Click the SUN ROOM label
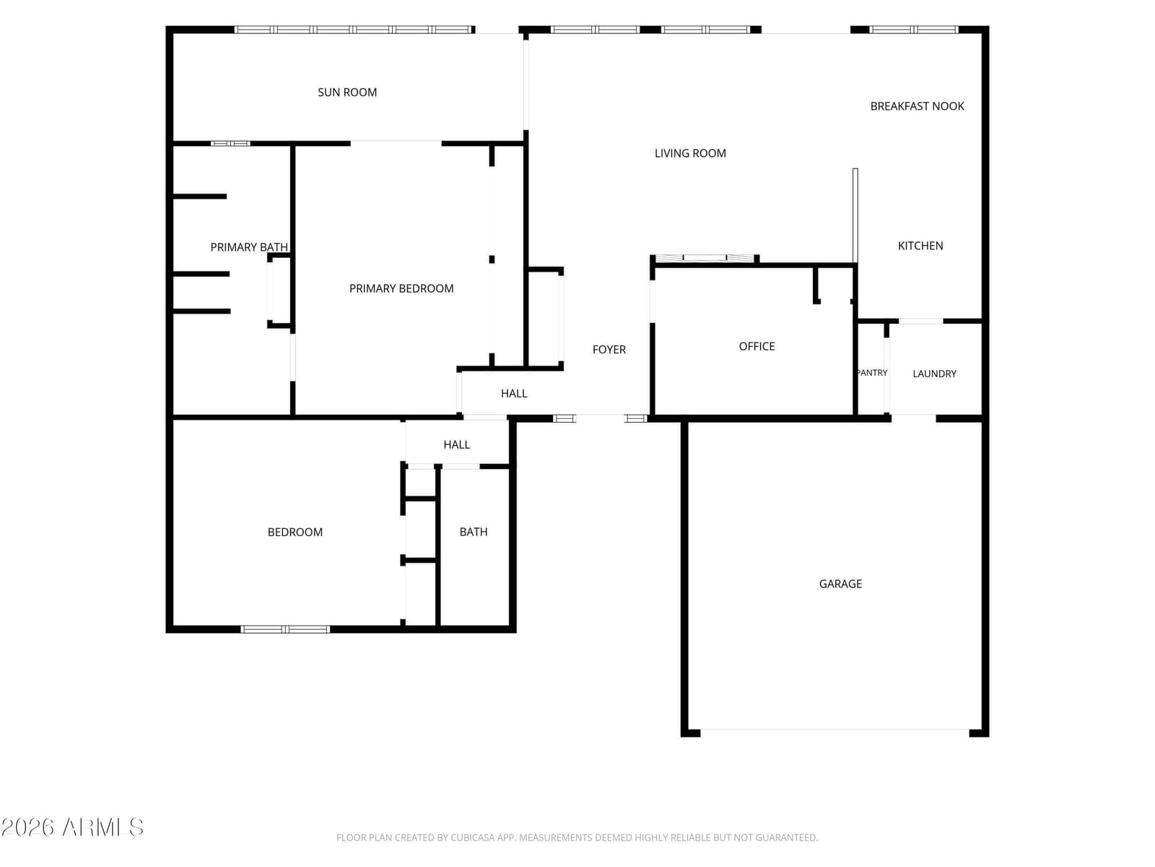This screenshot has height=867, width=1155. pyautogui.click(x=346, y=92)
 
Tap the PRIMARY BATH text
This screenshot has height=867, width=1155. pyautogui.click(x=249, y=247)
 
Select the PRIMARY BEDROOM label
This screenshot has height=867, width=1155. pyautogui.click(x=401, y=288)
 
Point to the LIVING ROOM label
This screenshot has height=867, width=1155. pyautogui.click(x=690, y=153)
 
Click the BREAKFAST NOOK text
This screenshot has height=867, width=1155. pyautogui.click(x=917, y=106)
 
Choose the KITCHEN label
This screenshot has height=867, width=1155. pyautogui.click(x=920, y=246)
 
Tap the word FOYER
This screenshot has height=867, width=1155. pyautogui.click(x=609, y=350)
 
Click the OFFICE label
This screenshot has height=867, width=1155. pyautogui.click(x=756, y=346)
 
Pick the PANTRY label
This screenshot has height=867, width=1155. pyautogui.click(x=872, y=373)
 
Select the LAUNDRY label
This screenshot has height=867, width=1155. pyautogui.click(x=934, y=374)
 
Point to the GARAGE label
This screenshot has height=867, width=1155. pyautogui.click(x=840, y=584)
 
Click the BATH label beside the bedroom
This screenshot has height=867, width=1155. pyautogui.click(x=473, y=532)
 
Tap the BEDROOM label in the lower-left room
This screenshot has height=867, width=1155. pyautogui.click(x=295, y=532)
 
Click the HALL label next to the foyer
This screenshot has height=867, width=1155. pyautogui.click(x=513, y=394)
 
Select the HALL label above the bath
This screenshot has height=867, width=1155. pyautogui.click(x=456, y=445)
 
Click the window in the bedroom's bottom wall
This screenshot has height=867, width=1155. pyautogui.click(x=284, y=629)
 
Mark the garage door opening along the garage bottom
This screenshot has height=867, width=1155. pyautogui.click(x=834, y=730)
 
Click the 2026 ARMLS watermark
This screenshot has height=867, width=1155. pyautogui.click(x=72, y=827)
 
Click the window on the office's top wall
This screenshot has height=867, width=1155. pyautogui.click(x=704, y=258)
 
